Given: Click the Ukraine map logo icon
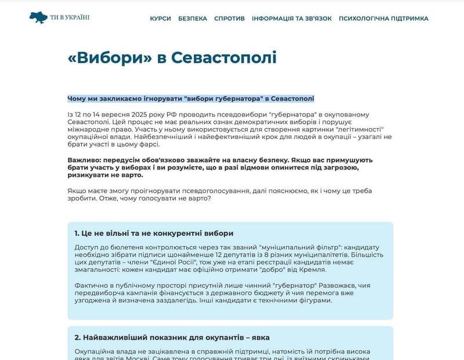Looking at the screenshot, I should [39, 17].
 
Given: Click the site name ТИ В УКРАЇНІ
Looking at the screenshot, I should [70, 17].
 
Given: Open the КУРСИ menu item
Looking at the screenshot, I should [160, 19].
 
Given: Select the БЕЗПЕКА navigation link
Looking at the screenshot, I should [193, 19].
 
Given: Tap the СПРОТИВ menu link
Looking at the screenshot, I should [229, 19].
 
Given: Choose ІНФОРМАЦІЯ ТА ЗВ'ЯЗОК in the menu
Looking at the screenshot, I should [292, 19].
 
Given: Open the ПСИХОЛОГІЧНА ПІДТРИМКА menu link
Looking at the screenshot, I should [383, 19].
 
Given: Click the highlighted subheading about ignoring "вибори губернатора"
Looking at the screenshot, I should [191, 99].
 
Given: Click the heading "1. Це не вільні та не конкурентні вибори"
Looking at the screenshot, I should [154, 233].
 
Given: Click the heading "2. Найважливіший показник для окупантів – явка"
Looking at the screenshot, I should [172, 337].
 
